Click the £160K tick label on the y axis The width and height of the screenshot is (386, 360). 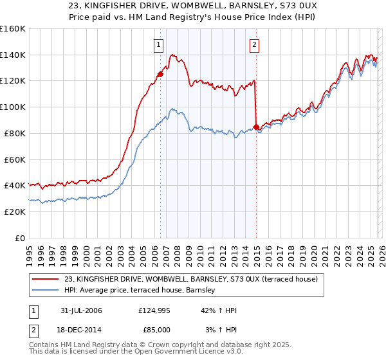(x=13, y=29)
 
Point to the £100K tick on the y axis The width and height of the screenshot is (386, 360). (x=13, y=107)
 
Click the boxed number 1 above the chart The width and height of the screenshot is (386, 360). (x=158, y=45)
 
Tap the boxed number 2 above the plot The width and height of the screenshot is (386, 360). (x=255, y=45)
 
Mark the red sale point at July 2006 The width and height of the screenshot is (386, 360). (x=160, y=74)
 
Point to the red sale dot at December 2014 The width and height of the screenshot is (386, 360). (x=256, y=127)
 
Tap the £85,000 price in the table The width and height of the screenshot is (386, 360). (x=154, y=329)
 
